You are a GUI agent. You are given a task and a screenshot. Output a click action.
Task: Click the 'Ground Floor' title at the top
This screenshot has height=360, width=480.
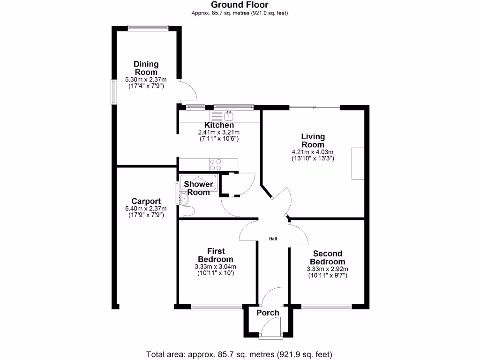click(240, 5)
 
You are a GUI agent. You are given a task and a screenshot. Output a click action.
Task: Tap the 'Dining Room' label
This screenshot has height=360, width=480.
click(146, 68)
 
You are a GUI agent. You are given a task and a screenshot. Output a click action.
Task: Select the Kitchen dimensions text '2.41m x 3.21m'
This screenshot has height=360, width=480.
click(219, 133)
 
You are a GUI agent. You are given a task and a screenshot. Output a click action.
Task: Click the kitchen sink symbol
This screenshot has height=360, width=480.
click(229, 115)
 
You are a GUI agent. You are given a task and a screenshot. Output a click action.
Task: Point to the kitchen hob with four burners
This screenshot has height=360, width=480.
click(216, 165)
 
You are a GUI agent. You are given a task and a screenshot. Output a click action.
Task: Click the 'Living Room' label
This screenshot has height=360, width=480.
click(313, 141)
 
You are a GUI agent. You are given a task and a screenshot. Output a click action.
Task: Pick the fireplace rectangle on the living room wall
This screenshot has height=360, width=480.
click(358, 163)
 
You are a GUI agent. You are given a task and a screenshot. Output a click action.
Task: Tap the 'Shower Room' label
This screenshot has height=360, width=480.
click(198, 188)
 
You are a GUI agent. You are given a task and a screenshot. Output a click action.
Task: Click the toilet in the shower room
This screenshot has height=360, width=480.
click(189, 211)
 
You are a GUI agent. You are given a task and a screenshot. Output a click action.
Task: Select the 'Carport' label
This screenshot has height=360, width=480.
click(146, 202)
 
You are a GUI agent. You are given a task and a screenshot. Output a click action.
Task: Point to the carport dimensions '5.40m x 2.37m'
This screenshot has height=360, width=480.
click(146, 209)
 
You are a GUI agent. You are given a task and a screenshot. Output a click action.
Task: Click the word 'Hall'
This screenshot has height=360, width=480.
click(273, 239)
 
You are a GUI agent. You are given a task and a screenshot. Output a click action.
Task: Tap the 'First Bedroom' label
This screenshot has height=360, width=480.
click(215, 255)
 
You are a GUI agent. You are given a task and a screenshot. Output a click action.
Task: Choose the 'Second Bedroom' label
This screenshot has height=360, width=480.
click(328, 258)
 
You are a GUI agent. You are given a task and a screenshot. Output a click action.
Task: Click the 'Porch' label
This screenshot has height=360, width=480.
click(268, 313)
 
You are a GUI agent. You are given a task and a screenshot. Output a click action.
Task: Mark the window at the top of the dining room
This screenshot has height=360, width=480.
click(148, 27)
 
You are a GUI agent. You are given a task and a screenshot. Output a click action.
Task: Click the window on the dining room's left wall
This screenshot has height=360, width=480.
click(113, 91)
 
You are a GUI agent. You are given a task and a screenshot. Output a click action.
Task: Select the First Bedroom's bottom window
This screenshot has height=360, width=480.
click(217, 307)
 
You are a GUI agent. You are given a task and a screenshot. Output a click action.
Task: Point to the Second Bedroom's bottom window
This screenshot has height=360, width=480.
click(326, 307)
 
